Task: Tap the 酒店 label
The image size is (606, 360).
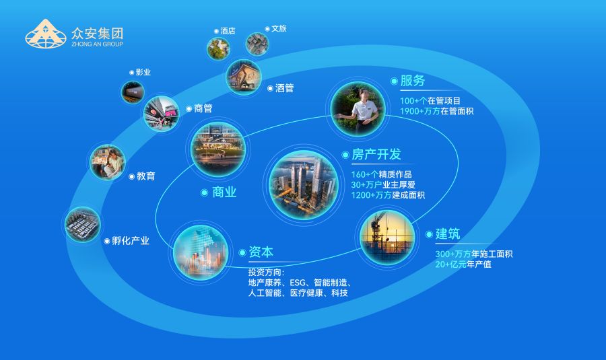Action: pyautogui.click(x=228, y=31)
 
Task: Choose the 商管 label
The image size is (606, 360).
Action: pyautogui.click(x=203, y=108)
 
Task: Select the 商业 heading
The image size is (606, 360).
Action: pyautogui.click(x=224, y=192)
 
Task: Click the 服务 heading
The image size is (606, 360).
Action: pyautogui.click(x=412, y=81)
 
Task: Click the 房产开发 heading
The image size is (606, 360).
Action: pyautogui.click(x=376, y=154)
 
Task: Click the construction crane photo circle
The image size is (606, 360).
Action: pyautogui.click(x=386, y=235)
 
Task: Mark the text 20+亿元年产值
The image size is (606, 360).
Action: pyautogui.click(x=465, y=264)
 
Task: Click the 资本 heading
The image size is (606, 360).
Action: pyautogui.click(x=261, y=252)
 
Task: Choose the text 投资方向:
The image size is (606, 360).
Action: pyautogui.click(x=266, y=273)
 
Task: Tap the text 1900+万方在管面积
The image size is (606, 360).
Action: pyautogui.click(x=436, y=111)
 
